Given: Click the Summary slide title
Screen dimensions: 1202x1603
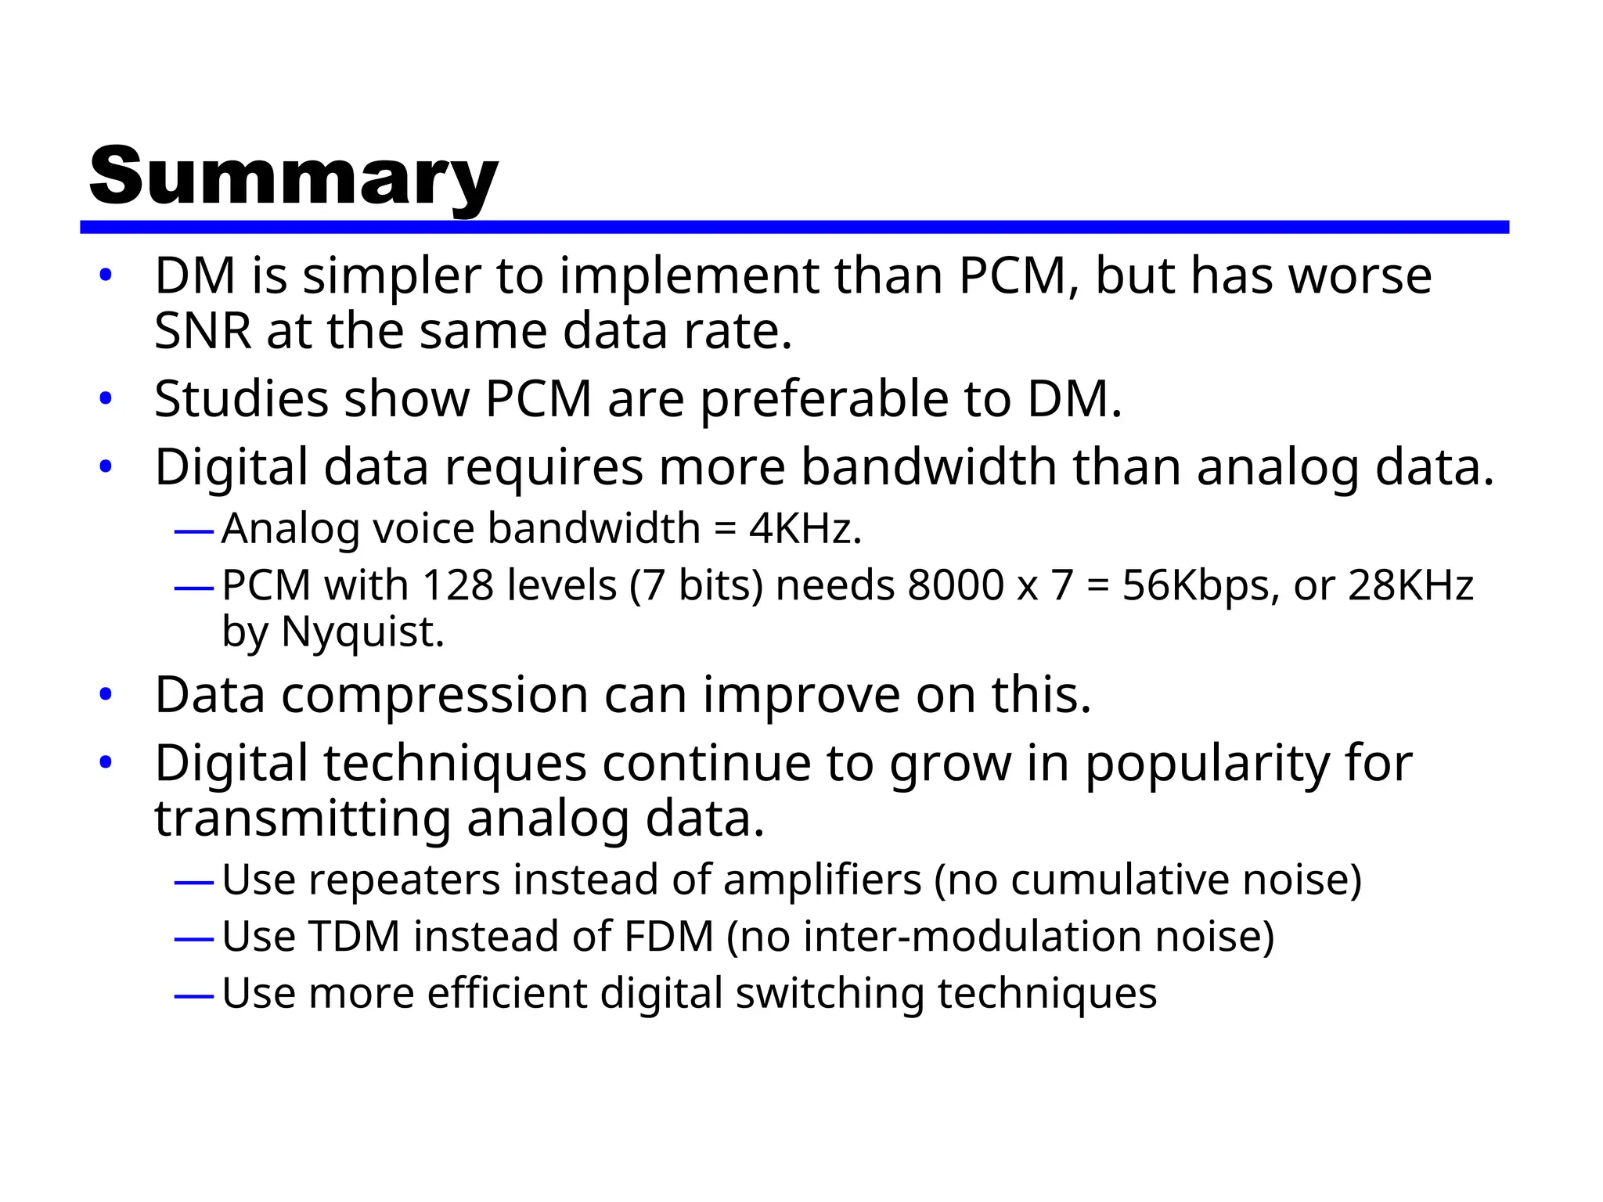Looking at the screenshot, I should pyautogui.click(x=294, y=177).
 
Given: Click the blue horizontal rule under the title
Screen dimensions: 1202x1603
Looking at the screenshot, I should pyautogui.click(x=794, y=227).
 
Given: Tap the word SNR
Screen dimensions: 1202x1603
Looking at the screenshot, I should pyautogui.click(x=203, y=331).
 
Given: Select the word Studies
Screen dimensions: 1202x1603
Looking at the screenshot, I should pyautogui.click(x=241, y=399).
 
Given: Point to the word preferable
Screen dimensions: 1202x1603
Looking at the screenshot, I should pyautogui.click(x=823, y=401).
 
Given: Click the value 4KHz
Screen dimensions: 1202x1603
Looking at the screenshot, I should pyautogui.click(x=805, y=529).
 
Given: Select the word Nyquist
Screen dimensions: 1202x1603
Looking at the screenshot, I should pyautogui.click(x=362, y=632).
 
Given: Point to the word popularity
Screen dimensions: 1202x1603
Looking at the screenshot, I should pyautogui.click(x=1206, y=765).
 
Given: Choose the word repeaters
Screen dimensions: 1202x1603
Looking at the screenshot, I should pyautogui.click(x=404, y=880).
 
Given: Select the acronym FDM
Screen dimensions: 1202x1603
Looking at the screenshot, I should pyautogui.click(x=669, y=937).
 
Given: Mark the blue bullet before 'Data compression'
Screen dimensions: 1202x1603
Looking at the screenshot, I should pyautogui.click(x=106, y=695).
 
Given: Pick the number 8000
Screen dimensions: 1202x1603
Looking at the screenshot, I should pyautogui.click(x=955, y=585).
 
